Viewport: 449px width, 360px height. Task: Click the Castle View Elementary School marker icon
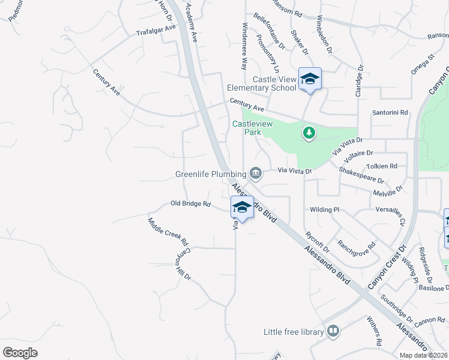[x=310, y=79]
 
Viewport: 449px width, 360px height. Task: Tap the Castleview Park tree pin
[x=309, y=132]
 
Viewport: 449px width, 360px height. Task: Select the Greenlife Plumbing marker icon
[x=256, y=173]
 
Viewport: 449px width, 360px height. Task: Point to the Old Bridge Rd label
[x=191, y=204]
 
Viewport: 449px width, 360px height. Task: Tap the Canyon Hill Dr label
[x=182, y=264]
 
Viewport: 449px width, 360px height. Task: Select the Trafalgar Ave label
[x=155, y=30]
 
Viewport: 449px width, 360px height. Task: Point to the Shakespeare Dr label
[x=361, y=175]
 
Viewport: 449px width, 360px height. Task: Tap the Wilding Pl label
[x=325, y=210]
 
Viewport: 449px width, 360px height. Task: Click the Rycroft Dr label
[x=318, y=241]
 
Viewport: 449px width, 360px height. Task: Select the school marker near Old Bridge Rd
[x=242, y=207]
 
